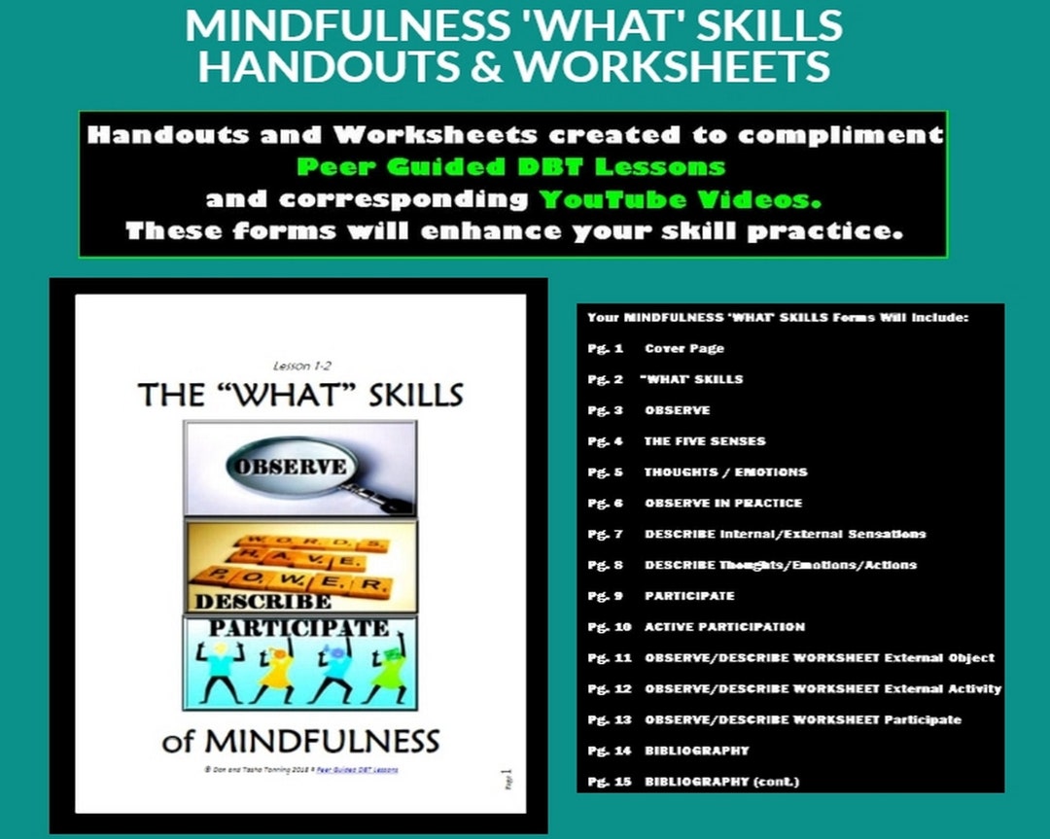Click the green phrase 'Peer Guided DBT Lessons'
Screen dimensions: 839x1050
(510, 166)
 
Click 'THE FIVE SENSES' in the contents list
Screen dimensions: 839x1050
(704, 440)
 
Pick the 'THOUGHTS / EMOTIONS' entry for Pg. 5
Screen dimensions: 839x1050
(725, 472)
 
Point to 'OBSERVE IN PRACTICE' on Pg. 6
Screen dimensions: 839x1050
(722, 503)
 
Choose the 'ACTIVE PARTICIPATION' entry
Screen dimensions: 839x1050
(724, 627)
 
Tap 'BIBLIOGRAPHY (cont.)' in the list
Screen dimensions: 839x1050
(721, 782)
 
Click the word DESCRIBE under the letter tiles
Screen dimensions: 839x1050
(249, 601)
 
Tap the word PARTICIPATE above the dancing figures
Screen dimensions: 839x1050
(299, 627)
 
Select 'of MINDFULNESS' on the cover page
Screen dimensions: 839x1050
(301, 742)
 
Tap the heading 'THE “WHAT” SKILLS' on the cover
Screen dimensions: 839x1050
(300, 395)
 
